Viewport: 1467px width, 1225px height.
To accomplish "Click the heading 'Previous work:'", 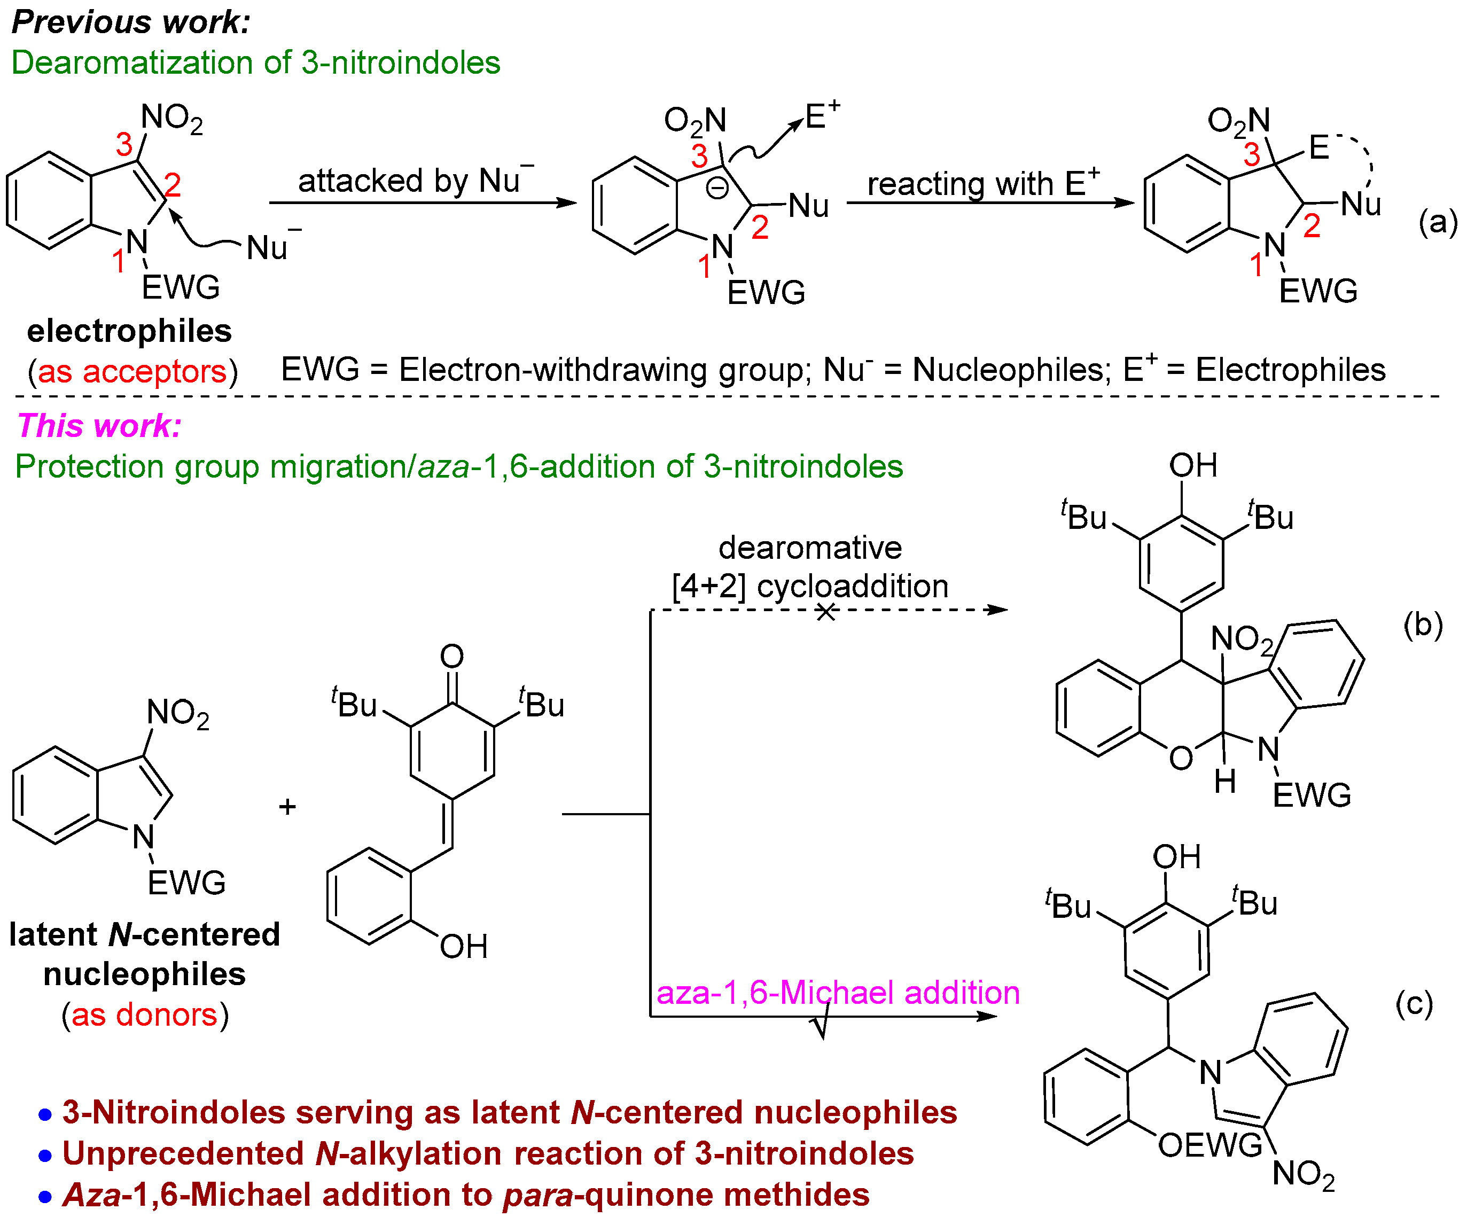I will point(131,22).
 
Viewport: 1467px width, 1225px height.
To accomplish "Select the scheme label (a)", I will point(1438,222).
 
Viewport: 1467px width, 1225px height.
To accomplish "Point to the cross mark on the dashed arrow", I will point(826,612).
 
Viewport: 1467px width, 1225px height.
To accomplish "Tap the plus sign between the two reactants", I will point(287,807).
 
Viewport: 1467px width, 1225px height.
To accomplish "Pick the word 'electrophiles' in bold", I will point(129,331).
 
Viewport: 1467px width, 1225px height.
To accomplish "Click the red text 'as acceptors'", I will point(132,371).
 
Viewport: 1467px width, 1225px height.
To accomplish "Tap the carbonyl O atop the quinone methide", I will point(452,656).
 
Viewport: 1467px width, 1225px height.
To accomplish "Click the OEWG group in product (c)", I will point(1210,1145).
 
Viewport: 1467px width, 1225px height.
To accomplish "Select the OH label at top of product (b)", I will point(1193,465).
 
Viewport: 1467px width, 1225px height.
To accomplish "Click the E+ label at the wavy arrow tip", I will point(822,116).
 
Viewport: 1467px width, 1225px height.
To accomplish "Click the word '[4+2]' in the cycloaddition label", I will point(709,586).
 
